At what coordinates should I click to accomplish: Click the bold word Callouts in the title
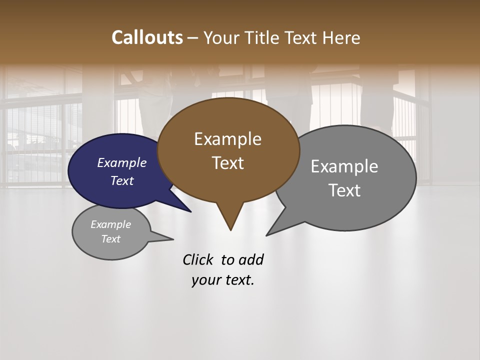[x=147, y=37]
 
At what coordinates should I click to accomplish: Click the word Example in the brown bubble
[x=227, y=139]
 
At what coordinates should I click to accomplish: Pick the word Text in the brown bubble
[x=227, y=163]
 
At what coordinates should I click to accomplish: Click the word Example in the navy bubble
[x=122, y=162]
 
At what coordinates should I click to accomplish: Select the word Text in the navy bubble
[x=122, y=180]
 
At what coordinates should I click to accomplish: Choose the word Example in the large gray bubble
[x=344, y=166]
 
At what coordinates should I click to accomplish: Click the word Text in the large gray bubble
[x=344, y=190]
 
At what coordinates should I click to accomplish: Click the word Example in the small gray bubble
[x=111, y=224]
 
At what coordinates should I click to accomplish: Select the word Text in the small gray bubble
[x=111, y=239]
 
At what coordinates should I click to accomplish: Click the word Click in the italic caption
[x=198, y=259]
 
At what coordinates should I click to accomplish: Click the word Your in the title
[x=222, y=37]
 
